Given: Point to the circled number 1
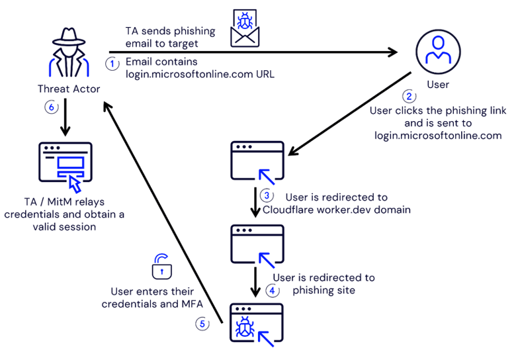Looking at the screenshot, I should [x=113, y=62].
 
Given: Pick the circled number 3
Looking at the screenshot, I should [x=266, y=195].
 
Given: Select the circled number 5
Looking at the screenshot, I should [x=203, y=324].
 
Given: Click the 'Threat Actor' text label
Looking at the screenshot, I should [x=69, y=88].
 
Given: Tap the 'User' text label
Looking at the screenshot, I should [x=438, y=84].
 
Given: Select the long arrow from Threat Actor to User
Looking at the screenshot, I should [x=251, y=52].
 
